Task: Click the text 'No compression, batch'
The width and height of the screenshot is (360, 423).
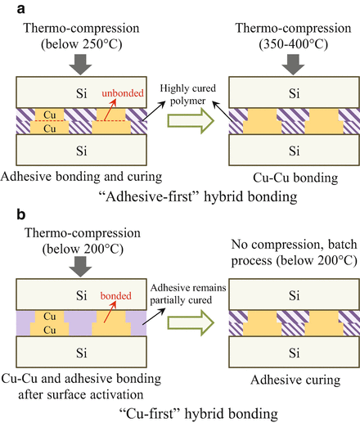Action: click(x=292, y=232)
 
